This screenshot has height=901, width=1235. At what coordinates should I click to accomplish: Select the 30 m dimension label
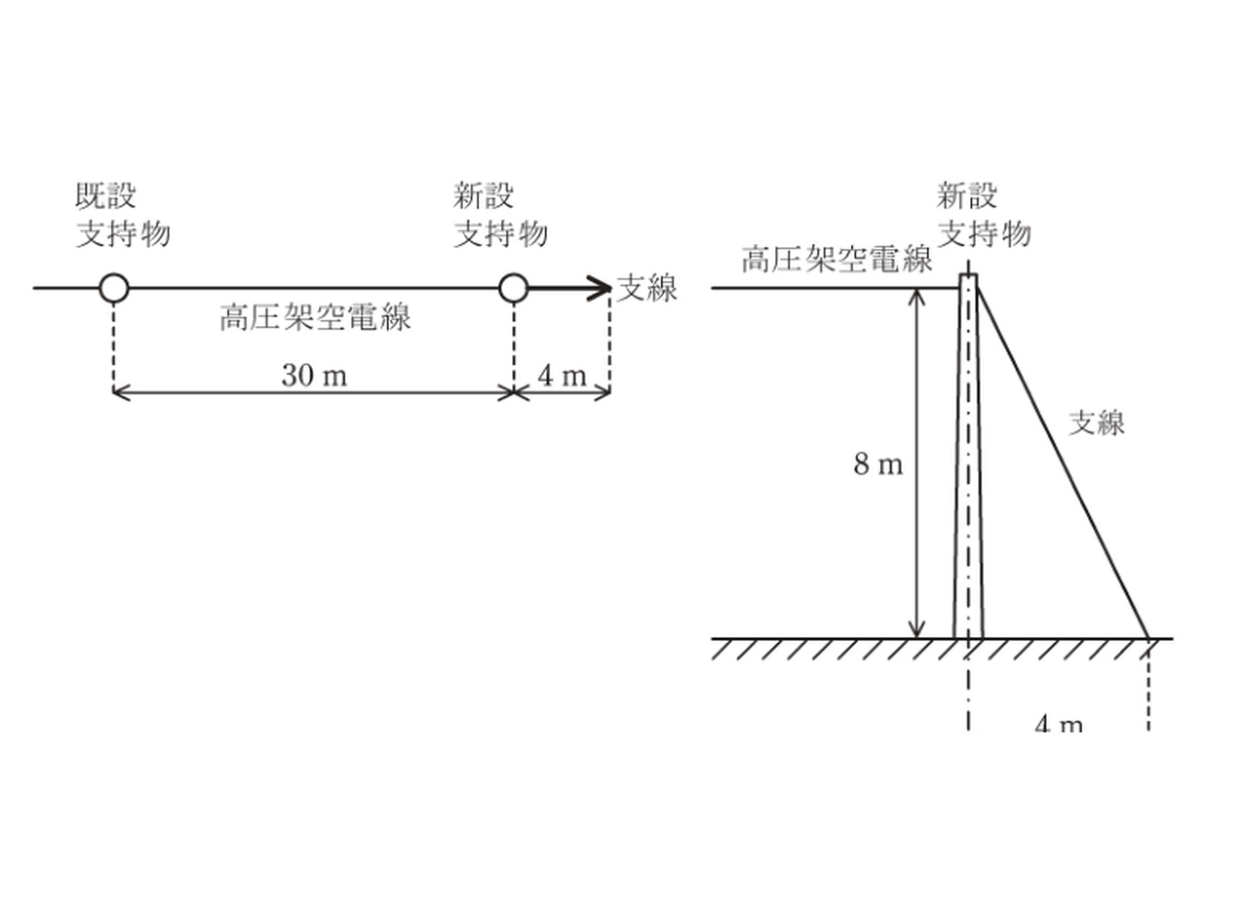pyautogui.click(x=314, y=375)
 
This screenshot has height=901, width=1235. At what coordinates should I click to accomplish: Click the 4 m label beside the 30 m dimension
pyautogui.click(x=562, y=375)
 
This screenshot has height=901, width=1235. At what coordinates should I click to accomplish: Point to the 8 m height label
pyautogui.click(x=878, y=464)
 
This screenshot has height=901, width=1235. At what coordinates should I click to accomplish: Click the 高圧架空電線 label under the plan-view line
pyautogui.click(x=315, y=317)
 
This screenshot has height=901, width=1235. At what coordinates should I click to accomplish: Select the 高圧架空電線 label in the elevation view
pyautogui.click(x=837, y=259)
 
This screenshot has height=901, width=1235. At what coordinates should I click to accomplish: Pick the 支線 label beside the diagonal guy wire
pyautogui.click(x=1096, y=423)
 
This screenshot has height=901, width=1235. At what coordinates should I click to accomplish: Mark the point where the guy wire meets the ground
pyautogui.click(x=1148, y=637)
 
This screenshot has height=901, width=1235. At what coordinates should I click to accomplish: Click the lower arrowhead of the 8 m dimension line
pyautogui.click(x=917, y=630)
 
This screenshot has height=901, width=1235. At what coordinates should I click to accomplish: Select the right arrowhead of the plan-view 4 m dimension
pyautogui.click(x=602, y=392)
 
